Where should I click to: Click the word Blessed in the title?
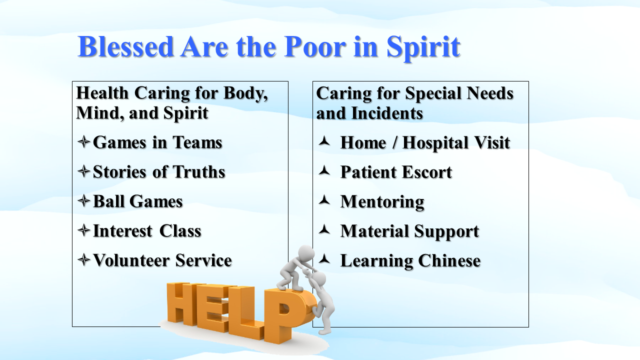[x=125, y=46]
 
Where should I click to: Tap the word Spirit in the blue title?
[x=423, y=48]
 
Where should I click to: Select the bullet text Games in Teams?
[x=157, y=142]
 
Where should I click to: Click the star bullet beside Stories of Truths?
[x=83, y=171]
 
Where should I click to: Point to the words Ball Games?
[x=137, y=201]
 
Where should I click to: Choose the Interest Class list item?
[x=147, y=231]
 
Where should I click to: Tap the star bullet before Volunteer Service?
[x=83, y=260]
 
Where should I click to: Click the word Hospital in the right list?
[x=435, y=143]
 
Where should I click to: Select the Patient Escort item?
[x=396, y=172]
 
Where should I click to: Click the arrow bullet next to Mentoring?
[x=324, y=200]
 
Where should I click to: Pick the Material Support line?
[x=409, y=231]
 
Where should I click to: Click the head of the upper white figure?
[x=306, y=253]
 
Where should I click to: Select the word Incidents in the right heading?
[x=387, y=113]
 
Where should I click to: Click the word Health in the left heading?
[x=102, y=93]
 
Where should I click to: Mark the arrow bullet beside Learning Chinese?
[x=324, y=259]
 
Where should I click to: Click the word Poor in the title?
[x=315, y=46]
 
